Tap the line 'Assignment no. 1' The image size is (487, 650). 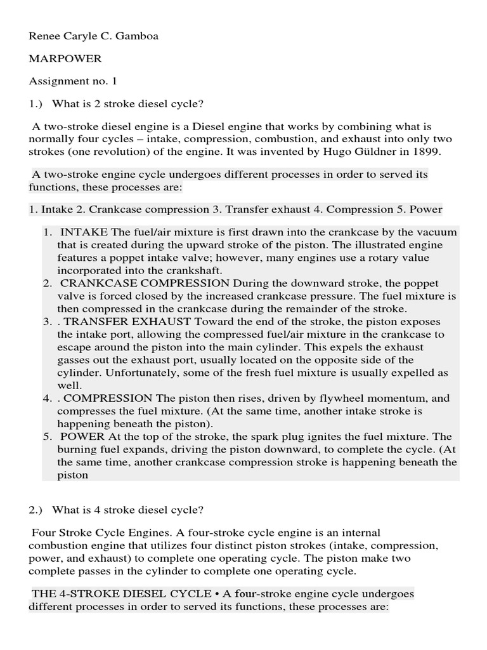(x=73, y=81)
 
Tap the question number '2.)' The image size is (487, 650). (x=37, y=509)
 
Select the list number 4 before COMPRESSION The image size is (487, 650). (x=47, y=399)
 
